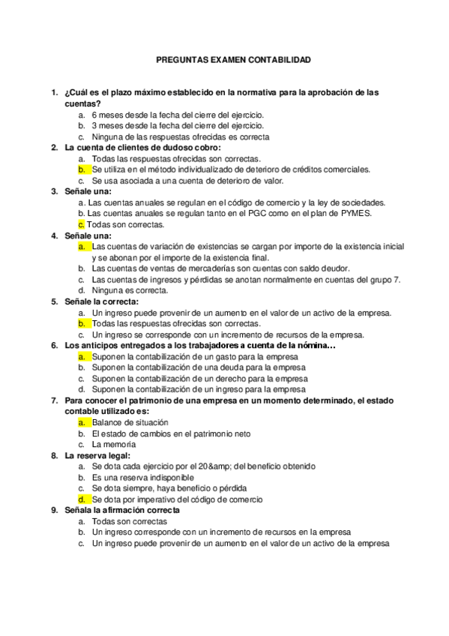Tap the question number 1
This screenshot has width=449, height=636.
54,92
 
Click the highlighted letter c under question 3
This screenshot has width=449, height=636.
81,223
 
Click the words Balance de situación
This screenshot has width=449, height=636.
125,423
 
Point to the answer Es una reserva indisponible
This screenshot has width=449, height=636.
142,477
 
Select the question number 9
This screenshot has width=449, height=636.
54,510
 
